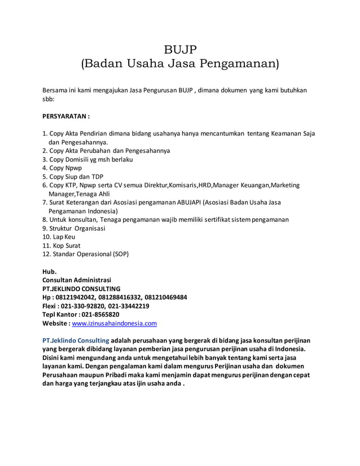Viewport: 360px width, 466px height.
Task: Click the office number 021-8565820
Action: point(100,315)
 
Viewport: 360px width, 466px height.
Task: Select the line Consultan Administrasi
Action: point(77,279)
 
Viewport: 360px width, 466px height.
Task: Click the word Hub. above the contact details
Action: point(50,271)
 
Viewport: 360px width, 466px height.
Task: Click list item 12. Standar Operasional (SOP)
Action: point(89,254)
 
